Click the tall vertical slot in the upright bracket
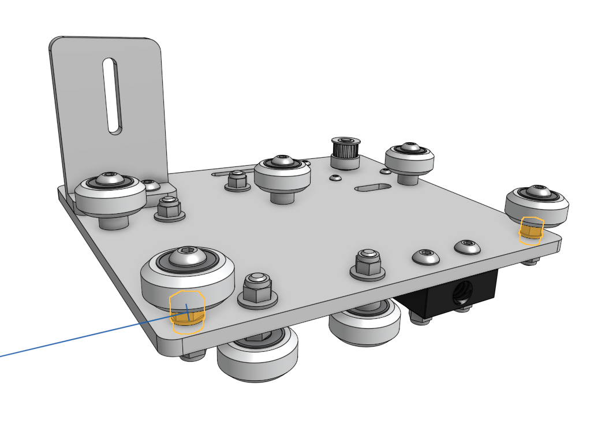point(112,96)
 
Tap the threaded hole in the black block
point(463,292)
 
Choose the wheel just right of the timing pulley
point(409,158)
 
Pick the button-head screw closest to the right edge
point(467,247)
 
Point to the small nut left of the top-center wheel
point(237,180)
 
